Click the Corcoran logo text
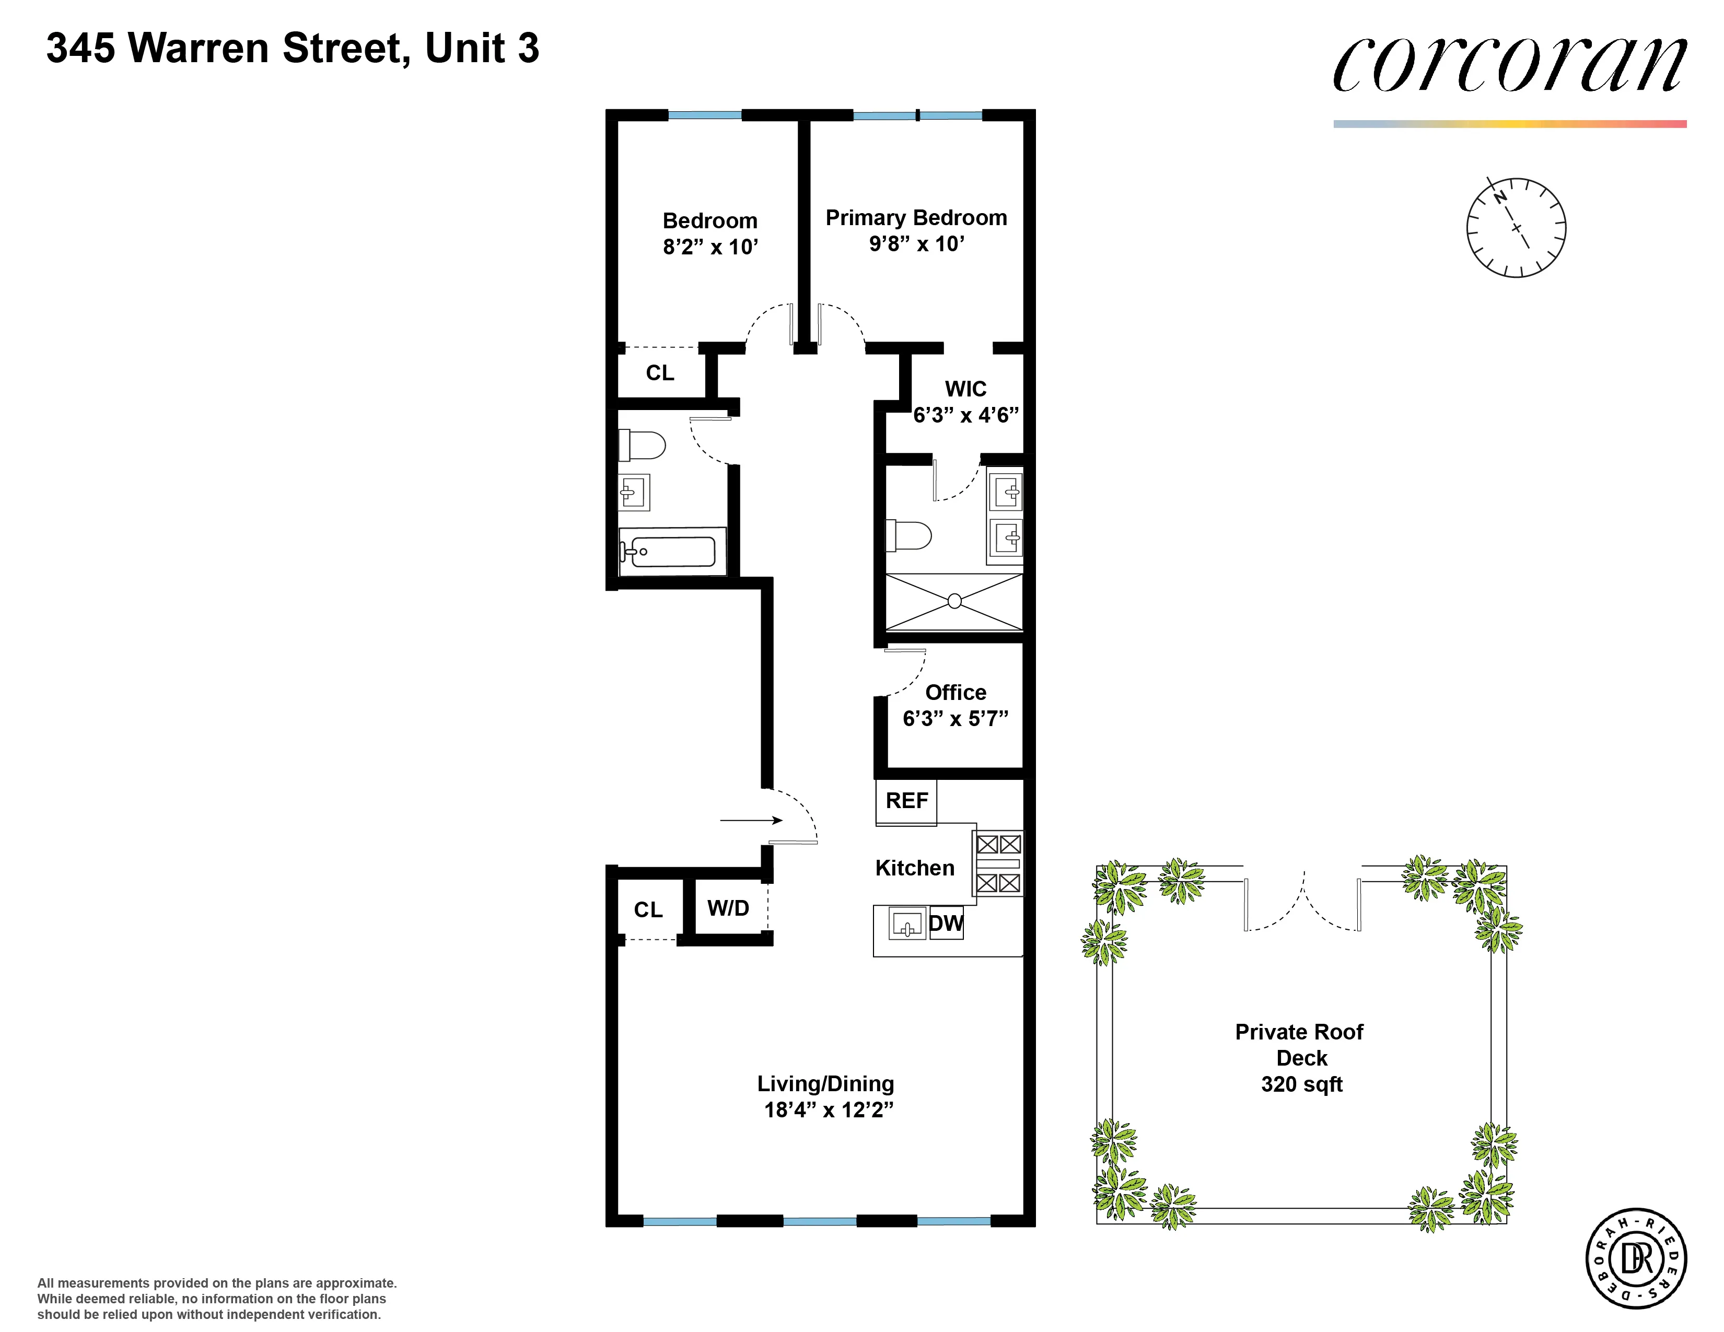pos(1509,65)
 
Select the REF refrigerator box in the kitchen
pos(906,801)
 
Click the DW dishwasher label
pos(946,923)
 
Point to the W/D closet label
pos(728,908)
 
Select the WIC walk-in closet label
pos(965,389)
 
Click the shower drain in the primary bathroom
pos(954,601)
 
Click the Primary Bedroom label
pos(916,218)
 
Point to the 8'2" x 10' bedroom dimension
pos(709,247)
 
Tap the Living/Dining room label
pos(825,1083)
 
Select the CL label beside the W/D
pos(648,910)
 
